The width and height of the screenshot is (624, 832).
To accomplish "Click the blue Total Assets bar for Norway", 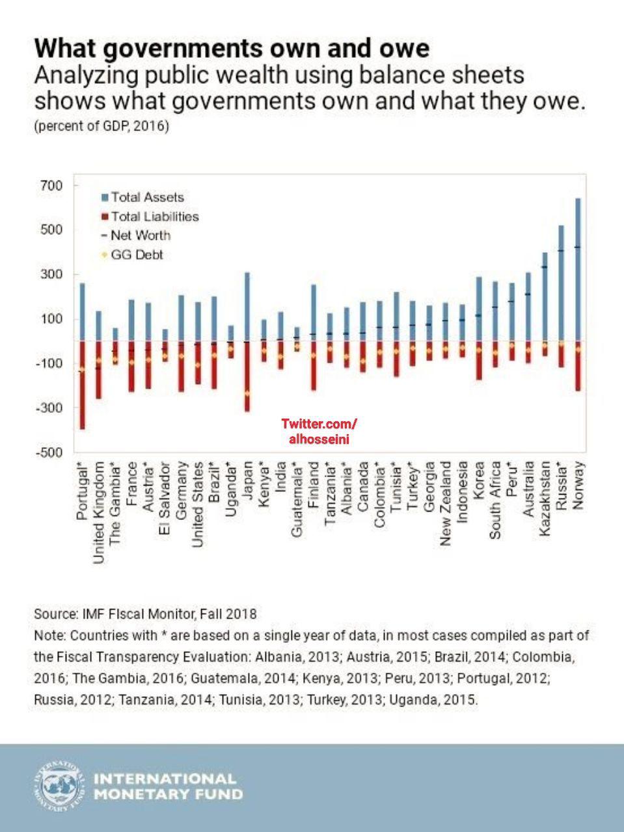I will (578, 270).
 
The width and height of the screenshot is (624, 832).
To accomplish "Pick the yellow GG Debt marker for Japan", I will (247, 393).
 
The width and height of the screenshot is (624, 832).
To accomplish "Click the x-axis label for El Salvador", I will (165, 499).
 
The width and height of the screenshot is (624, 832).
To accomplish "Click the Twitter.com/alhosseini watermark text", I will (319, 432).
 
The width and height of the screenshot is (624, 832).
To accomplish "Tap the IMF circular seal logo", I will (59, 786).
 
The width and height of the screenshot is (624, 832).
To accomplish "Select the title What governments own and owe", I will (232, 49).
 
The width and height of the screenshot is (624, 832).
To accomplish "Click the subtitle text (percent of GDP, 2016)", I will (101, 126).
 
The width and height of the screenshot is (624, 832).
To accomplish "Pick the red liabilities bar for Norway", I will (578, 366).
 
